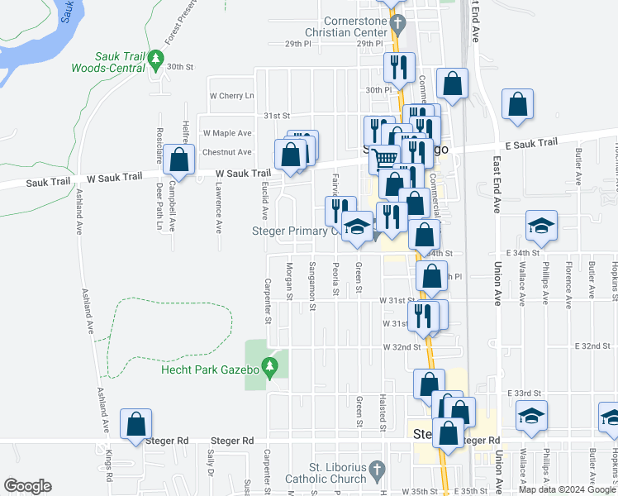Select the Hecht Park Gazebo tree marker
point(268,365)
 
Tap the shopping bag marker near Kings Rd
point(135,423)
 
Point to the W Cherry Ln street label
point(232,95)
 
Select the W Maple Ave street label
point(226,133)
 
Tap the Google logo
point(27,486)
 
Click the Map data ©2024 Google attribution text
point(567,489)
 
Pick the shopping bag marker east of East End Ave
point(517,104)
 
